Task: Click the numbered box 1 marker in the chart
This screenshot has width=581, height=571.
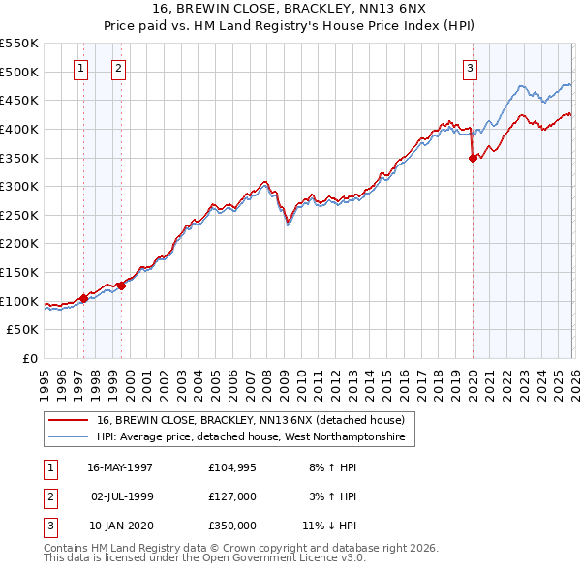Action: (79, 68)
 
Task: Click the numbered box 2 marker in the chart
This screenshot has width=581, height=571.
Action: (118, 68)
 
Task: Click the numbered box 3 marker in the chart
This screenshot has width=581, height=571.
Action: (469, 68)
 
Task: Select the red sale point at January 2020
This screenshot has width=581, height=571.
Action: (473, 158)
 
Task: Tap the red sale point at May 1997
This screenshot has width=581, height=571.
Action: (84, 298)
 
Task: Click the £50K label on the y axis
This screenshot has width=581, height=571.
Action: (25, 329)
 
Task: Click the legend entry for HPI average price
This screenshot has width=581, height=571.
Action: (256, 437)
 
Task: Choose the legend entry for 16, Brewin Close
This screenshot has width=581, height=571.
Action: (256, 420)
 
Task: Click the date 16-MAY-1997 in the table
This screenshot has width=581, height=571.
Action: (120, 466)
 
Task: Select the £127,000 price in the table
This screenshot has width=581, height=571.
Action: (232, 496)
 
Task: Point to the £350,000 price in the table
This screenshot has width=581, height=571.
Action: (232, 526)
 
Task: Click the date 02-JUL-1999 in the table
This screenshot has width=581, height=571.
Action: (120, 496)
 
